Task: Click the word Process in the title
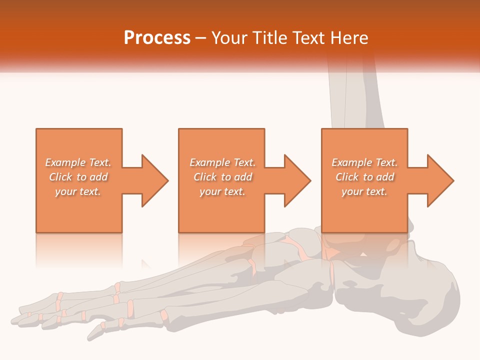coord(157,37)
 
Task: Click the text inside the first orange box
coord(78,177)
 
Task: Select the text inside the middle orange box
coord(222,177)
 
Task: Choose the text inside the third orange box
coord(364,177)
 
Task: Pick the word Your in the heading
coord(229,37)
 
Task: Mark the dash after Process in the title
coord(201,38)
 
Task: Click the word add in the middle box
coord(243,177)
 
